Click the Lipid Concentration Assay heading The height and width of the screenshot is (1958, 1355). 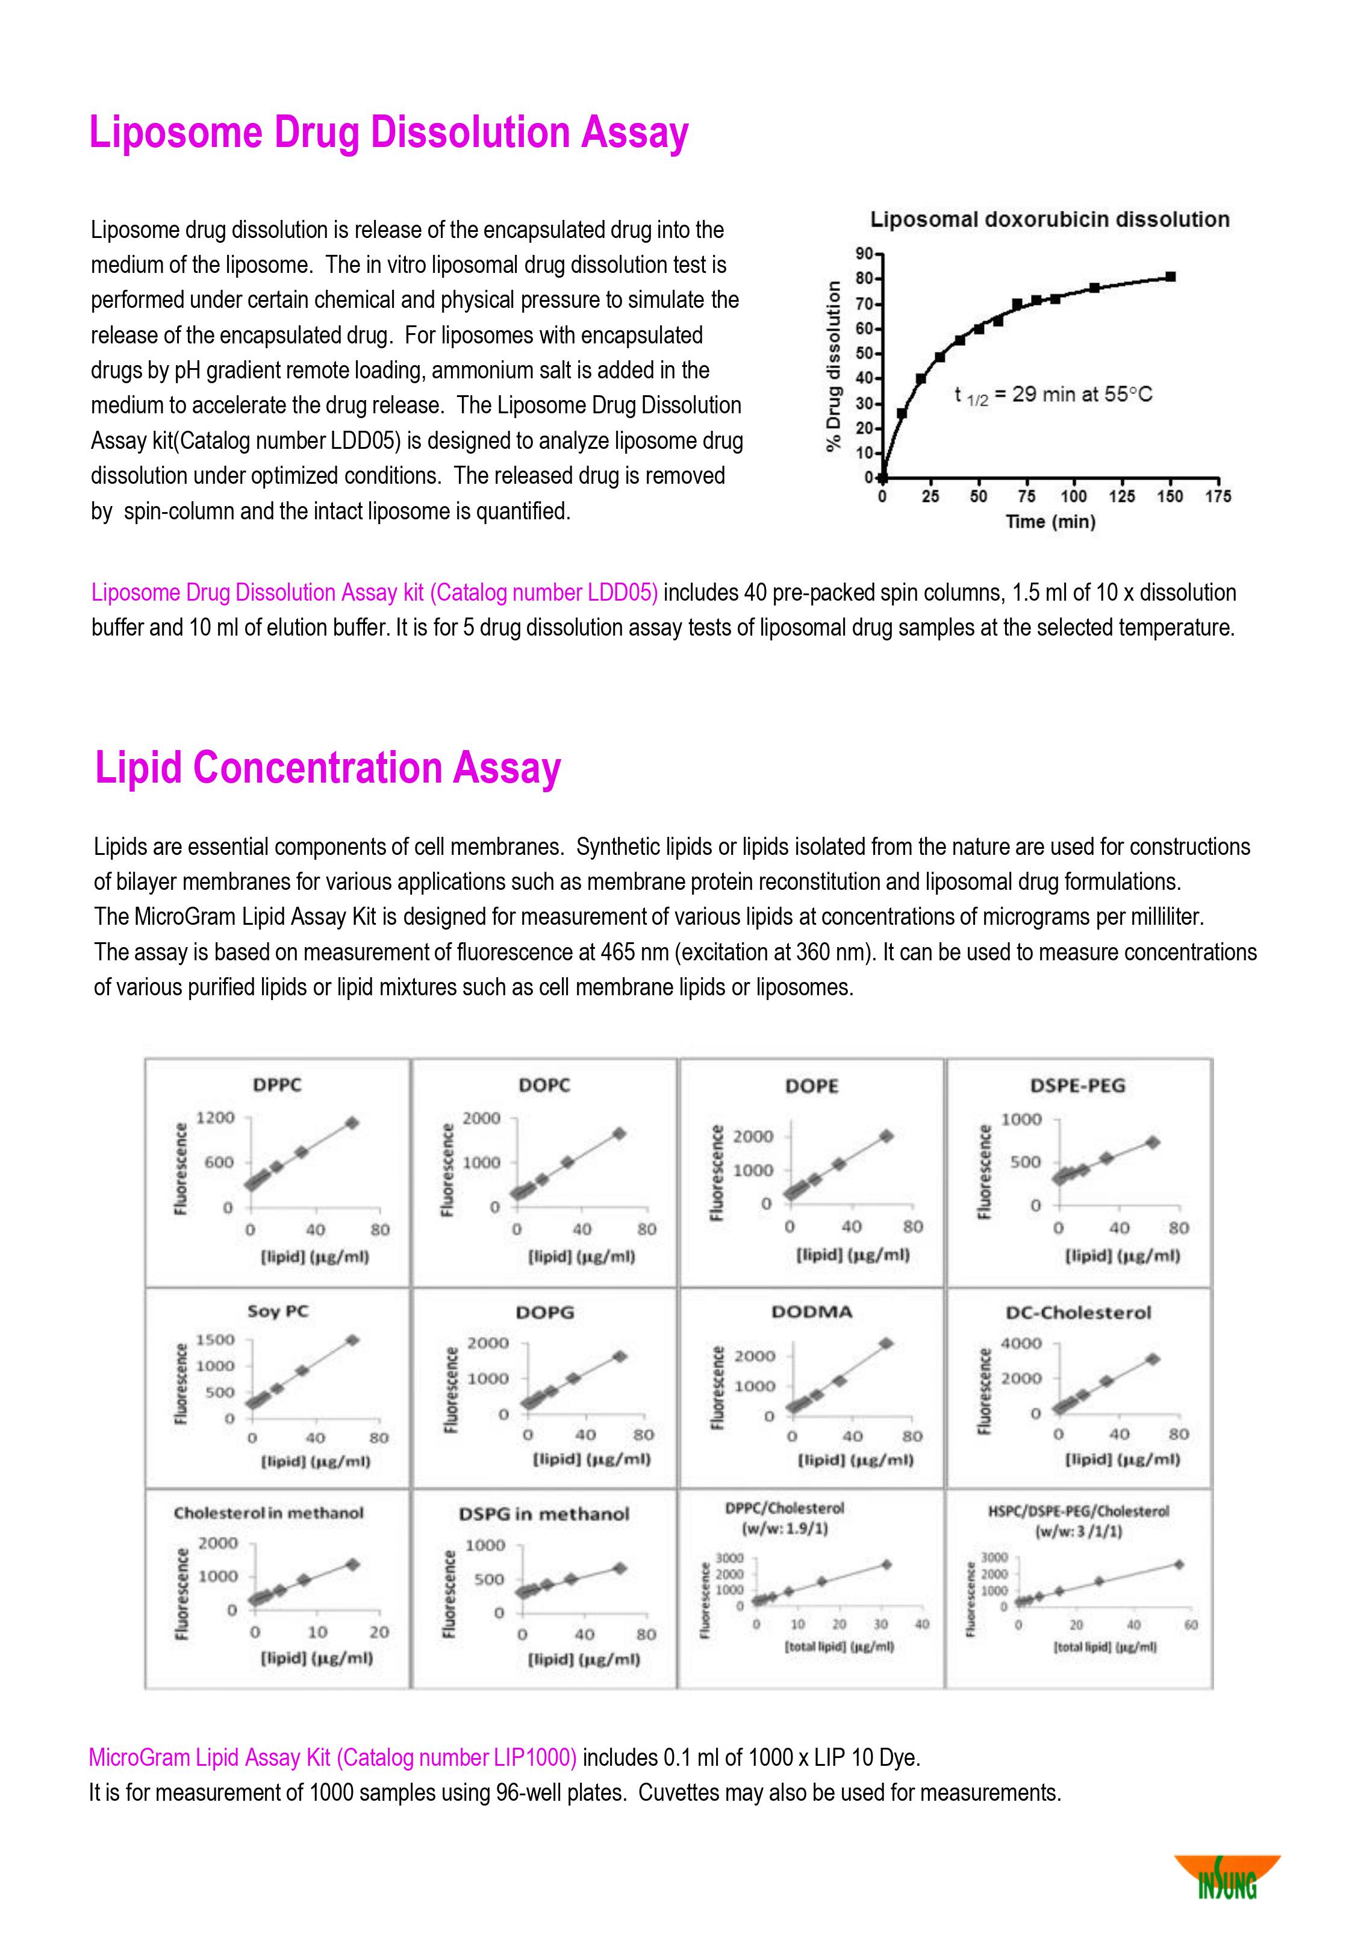(x=328, y=768)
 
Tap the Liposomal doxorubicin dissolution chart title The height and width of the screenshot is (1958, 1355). (x=1049, y=220)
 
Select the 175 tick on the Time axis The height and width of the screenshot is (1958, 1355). (x=1218, y=496)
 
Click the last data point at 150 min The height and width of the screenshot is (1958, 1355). (x=1170, y=277)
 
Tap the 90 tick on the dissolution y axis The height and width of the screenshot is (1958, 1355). (x=864, y=254)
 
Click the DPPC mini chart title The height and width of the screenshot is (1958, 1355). (x=277, y=1085)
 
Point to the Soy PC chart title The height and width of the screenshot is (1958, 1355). (x=278, y=1312)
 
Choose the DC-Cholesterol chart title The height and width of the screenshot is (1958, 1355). (x=1078, y=1313)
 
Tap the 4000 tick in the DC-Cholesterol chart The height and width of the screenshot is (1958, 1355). (x=1021, y=1343)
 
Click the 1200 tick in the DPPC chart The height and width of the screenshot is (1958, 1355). (x=216, y=1118)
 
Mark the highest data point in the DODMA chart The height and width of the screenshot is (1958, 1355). (x=885, y=1343)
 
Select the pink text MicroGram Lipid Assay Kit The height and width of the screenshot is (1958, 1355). (x=333, y=1757)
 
